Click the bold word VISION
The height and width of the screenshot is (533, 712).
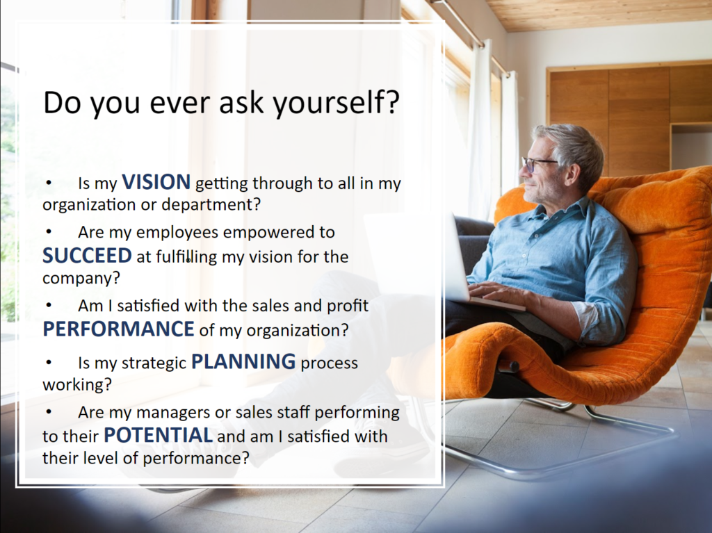[156, 182]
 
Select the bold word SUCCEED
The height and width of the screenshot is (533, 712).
[87, 256]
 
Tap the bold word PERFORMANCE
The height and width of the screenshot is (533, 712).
[118, 329]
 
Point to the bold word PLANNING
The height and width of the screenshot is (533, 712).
[243, 362]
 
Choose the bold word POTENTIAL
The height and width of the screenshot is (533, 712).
[158, 435]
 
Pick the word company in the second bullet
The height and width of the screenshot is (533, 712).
[77, 278]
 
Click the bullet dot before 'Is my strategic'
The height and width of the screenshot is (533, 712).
[49, 363]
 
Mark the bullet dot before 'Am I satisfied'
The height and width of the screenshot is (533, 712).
[49, 306]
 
